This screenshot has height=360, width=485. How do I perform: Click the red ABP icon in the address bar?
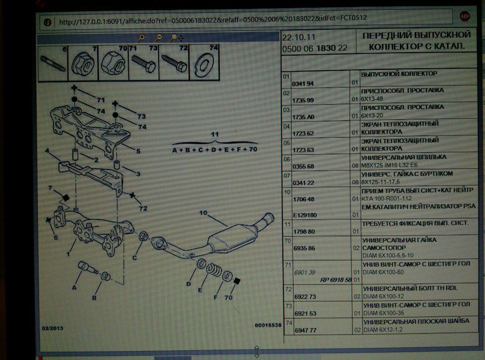pos(464,17)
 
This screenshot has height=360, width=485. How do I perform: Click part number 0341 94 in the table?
pos(303,83)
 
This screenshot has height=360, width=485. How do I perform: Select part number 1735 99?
pos(304,100)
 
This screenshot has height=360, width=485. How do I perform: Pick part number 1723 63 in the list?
pos(304,150)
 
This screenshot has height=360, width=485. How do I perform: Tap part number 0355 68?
pos(304,166)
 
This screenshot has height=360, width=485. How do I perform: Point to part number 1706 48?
pos(304,199)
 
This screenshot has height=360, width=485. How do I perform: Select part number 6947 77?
pos(305,330)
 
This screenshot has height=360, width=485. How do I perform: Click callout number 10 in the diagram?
pos(203,213)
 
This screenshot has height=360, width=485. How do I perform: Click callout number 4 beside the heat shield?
pos(47,151)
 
